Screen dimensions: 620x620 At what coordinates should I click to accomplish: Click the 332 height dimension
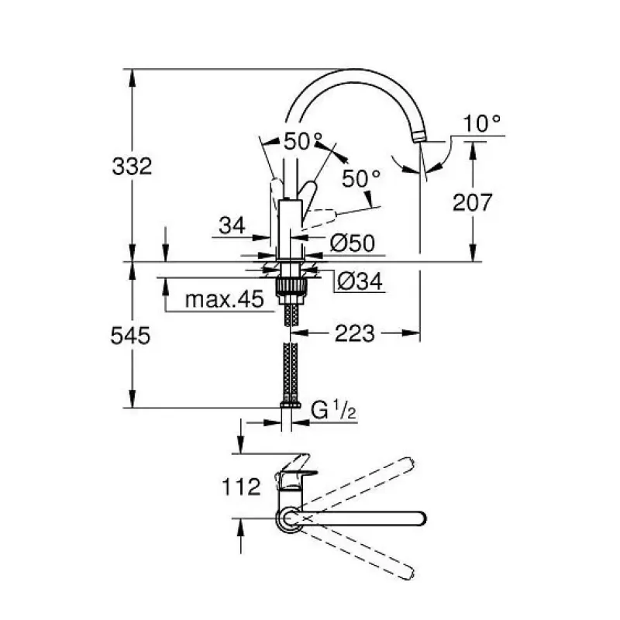pyautogui.click(x=132, y=167)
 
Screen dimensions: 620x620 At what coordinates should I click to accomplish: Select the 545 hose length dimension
pyautogui.click(x=130, y=336)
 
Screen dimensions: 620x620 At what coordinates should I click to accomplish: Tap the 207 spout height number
pyautogui.click(x=472, y=202)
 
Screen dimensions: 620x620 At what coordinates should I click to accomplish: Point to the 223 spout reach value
pyautogui.click(x=355, y=333)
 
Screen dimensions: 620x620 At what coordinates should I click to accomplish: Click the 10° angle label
pyautogui.click(x=481, y=124)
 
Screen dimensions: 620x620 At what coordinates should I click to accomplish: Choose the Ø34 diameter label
pyautogui.click(x=360, y=281)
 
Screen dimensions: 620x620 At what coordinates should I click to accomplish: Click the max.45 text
pyautogui.click(x=224, y=299)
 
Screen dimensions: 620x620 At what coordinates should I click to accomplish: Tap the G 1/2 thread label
pyautogui.click(x=333, y=410)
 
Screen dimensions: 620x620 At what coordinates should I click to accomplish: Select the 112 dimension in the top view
pyautogui.click(x=241, y=487)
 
